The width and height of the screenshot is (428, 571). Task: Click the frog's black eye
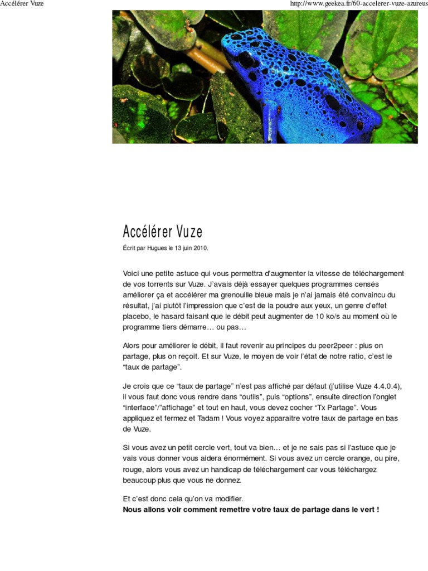click(x=246, y=59)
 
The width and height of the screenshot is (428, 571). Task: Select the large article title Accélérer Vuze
click(x=163, y=232)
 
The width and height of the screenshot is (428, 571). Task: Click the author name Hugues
click(x=157, y=248)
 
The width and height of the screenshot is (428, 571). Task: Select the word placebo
click(x=135, y=316)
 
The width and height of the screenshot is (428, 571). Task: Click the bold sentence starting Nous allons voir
click(x=251, y=509)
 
